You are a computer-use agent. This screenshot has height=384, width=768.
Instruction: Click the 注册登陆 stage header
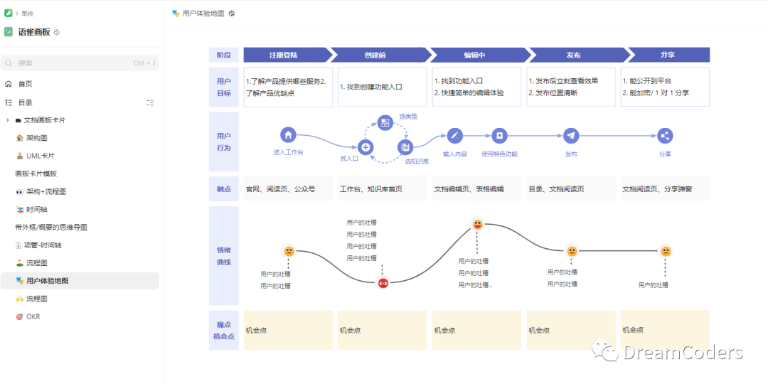pyautogui.click(x=284, y=55)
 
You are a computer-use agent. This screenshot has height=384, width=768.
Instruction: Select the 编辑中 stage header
pyautogui.click(x=475, y=55)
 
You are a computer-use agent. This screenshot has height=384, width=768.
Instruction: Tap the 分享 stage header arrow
pyautogui.click(x=668, y=55)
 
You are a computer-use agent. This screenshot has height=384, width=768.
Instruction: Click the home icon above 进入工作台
pyautogui.click(x=288, y=134)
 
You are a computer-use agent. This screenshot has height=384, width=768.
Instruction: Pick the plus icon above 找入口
pyautogui.click(x=366, y=147)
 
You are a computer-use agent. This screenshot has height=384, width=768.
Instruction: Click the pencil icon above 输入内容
pyautogui.click(x=455, y=135)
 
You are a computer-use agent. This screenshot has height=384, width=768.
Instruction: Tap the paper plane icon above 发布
pyautogui.click(x=571, y=135)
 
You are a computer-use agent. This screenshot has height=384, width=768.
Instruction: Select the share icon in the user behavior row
pyautogui.click(x=665, y=135)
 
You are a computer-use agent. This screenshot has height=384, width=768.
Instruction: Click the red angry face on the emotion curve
pyautogui.click(x=383, y=283)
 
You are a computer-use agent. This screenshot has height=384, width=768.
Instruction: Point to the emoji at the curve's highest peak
pyautogui.click(x=478, y=225)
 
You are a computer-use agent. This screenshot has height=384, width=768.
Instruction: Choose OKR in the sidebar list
pyautogui.click(x=33, y=316)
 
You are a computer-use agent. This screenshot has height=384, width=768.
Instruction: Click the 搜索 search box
pyautogui.click(x=79, y=63)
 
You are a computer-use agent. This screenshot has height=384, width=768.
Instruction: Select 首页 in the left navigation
pyautogui.click(x=26, y=83)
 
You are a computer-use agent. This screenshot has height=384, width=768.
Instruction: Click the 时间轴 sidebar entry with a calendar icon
pyautogui.click(x=36, y=209)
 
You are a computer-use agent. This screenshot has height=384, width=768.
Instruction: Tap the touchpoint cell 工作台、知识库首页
pyautogui.click(x=371, y=189)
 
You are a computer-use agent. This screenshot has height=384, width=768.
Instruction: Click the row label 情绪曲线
pyautogui.click(x=223, y=256)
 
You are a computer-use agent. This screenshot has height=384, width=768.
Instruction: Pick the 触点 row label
pyautogui.click(x=223, y=189)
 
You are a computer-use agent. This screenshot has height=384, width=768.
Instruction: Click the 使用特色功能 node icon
pyautogui.click(x=499, y=135)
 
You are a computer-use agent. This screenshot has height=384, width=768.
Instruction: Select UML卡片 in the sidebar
pyautogui.click(x=41, y=156)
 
